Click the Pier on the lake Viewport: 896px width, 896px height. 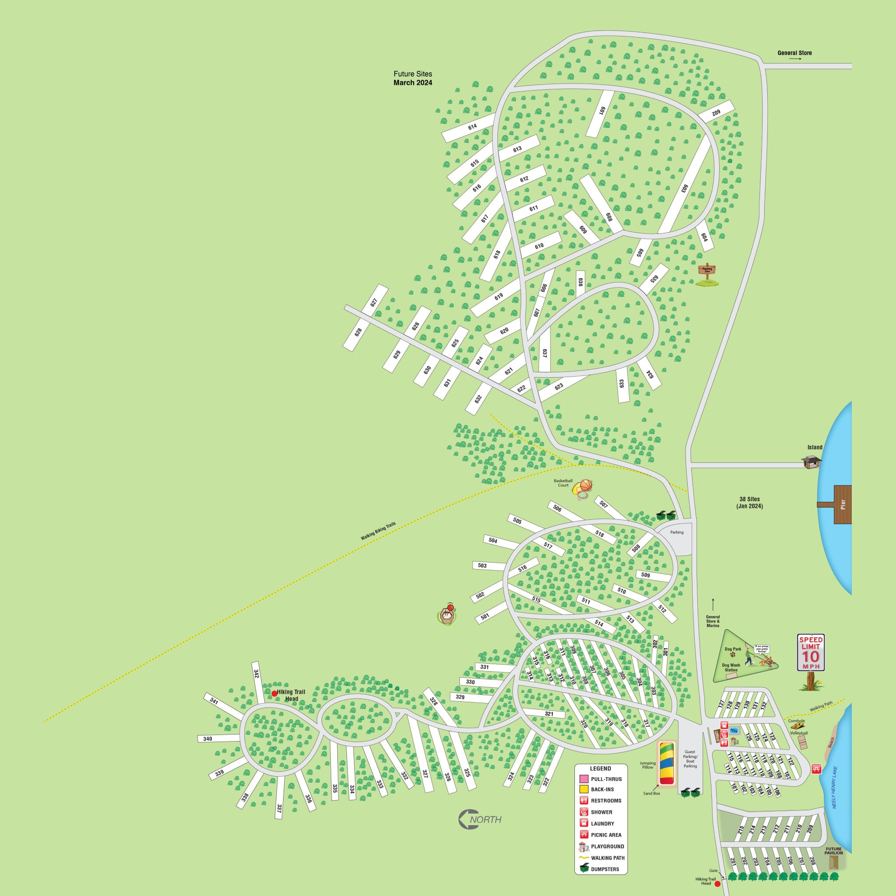[843, 504]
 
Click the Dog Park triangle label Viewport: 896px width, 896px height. [733, 649]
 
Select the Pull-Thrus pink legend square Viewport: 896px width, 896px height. [584, 779]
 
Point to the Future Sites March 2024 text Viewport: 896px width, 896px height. [413, 78]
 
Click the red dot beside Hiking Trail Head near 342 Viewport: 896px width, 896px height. [274, 693]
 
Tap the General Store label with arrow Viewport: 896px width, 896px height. [794, 53]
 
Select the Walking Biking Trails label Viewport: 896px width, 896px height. [378, 531]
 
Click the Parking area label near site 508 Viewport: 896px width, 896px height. [677, 532]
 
